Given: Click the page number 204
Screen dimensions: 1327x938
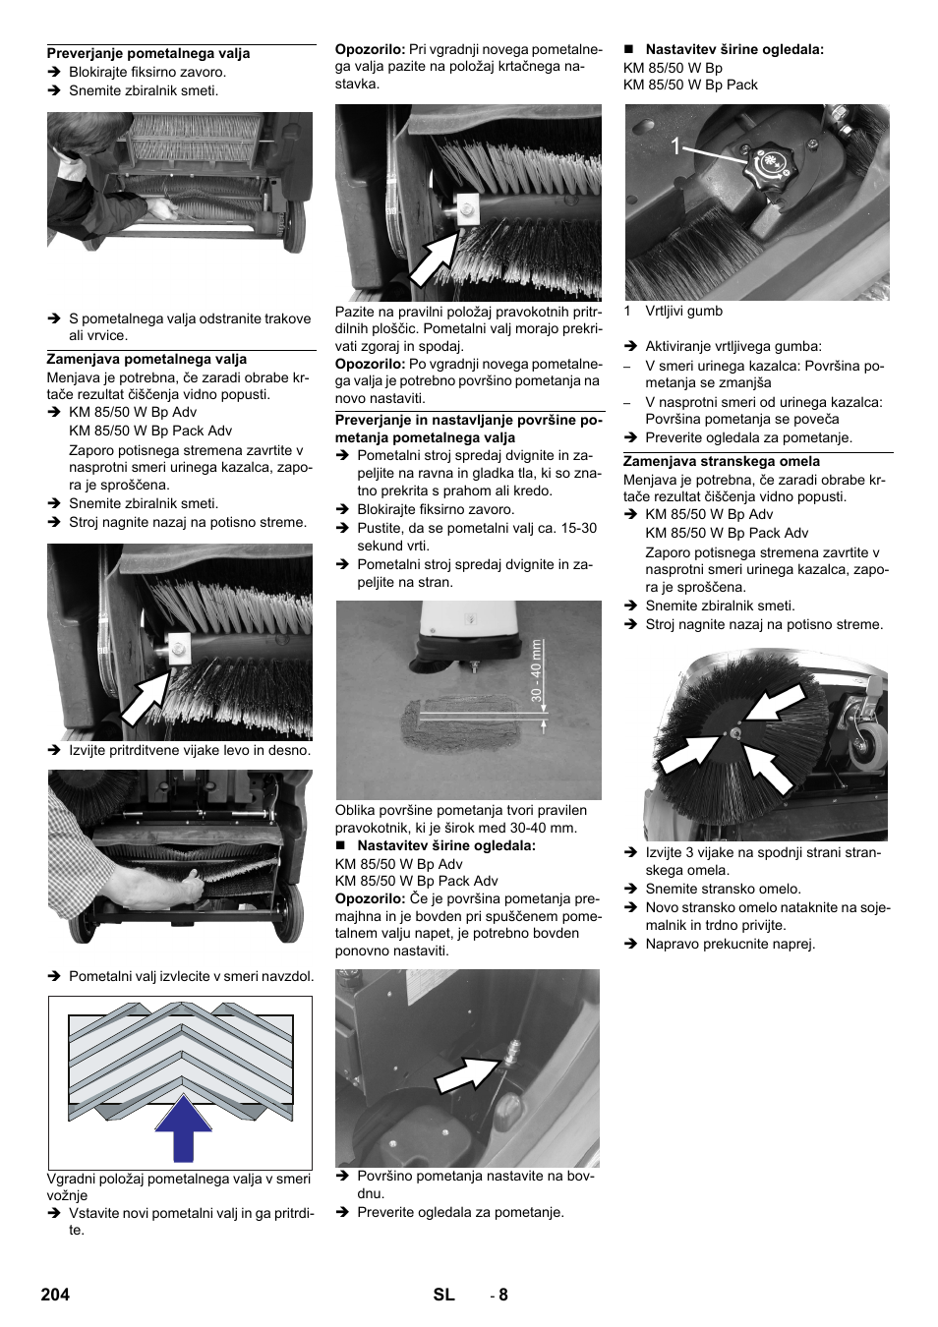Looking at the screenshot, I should coord(55,1295).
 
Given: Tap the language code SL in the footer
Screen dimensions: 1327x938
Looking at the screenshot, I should coord(443,1295).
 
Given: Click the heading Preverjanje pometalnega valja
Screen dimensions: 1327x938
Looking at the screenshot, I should coord(148,53).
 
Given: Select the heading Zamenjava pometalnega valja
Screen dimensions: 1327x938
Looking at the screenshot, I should coord(147,359).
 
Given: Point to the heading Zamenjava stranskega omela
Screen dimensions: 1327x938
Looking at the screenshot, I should coord(722,461).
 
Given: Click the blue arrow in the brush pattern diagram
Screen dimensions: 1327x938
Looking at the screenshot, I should coord(183,1128).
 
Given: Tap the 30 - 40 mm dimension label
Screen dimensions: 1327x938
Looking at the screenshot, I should coord(537,670).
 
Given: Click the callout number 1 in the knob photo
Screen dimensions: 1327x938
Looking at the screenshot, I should coord(675,146).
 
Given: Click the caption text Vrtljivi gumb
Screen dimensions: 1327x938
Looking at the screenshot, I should coord(683,311).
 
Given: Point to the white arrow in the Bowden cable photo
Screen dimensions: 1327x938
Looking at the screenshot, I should coord(469,1073).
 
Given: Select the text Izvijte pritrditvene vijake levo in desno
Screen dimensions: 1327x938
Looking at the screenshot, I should coord(190,750).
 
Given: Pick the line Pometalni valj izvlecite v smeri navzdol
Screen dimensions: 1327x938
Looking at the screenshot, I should coord(192,976).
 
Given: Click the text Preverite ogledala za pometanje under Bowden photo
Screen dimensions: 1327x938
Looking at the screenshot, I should coord(460,1212).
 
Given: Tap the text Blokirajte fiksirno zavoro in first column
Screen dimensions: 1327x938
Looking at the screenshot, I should coord(147,72).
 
